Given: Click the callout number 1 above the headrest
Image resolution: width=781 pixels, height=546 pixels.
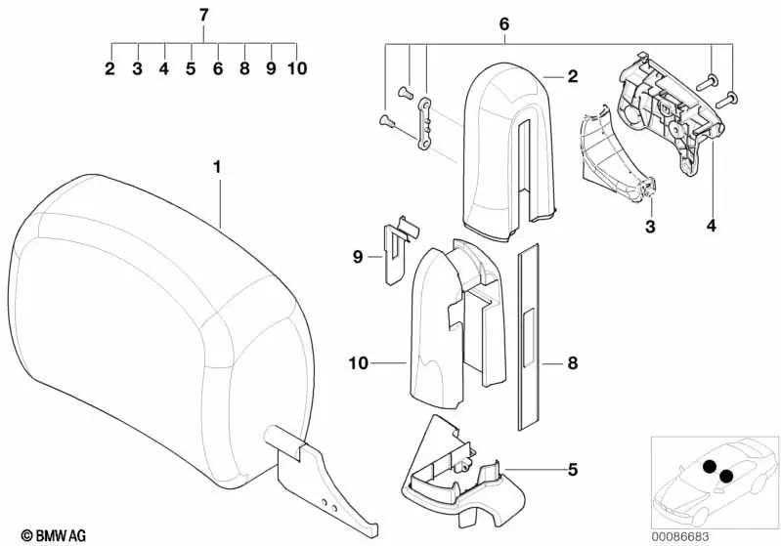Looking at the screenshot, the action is point(217,168).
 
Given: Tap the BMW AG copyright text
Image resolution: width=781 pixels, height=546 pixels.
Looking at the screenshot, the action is point(54,535).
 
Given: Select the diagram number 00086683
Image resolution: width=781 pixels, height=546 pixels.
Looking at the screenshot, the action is point(680,536).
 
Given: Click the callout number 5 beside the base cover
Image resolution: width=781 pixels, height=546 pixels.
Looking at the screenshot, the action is point(573,469).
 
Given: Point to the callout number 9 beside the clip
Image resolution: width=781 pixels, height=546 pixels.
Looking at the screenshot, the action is point(357,257).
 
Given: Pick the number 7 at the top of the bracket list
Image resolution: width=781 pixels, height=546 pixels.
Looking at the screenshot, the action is point(203,16).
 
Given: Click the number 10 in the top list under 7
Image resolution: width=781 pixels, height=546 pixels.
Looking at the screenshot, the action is point(297,68).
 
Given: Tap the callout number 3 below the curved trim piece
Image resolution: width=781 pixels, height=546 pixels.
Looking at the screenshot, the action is point(650,227).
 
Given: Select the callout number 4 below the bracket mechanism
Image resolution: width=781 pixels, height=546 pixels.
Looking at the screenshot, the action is point(712,226).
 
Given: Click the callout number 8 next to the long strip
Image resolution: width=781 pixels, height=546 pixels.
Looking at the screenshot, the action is point(573,363).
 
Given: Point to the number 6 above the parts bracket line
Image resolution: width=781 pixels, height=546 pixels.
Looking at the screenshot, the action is point(504,23).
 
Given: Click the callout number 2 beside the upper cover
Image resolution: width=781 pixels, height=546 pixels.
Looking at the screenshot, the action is point(573,76).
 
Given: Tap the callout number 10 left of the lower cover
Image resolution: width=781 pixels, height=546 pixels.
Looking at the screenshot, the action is point(358,363).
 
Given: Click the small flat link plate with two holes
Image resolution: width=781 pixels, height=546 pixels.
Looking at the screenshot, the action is point(424,124).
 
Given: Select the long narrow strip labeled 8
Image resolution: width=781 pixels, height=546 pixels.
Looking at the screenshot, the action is point(528,336).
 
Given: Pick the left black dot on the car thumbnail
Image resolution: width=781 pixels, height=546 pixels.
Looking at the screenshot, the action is point(710,466).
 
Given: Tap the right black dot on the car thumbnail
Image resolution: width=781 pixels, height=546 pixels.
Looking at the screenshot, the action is point(726,477).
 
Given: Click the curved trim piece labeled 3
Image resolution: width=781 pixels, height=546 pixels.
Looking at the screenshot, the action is point(617,155).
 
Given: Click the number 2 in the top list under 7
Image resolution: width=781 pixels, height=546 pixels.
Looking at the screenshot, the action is point(109,68).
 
